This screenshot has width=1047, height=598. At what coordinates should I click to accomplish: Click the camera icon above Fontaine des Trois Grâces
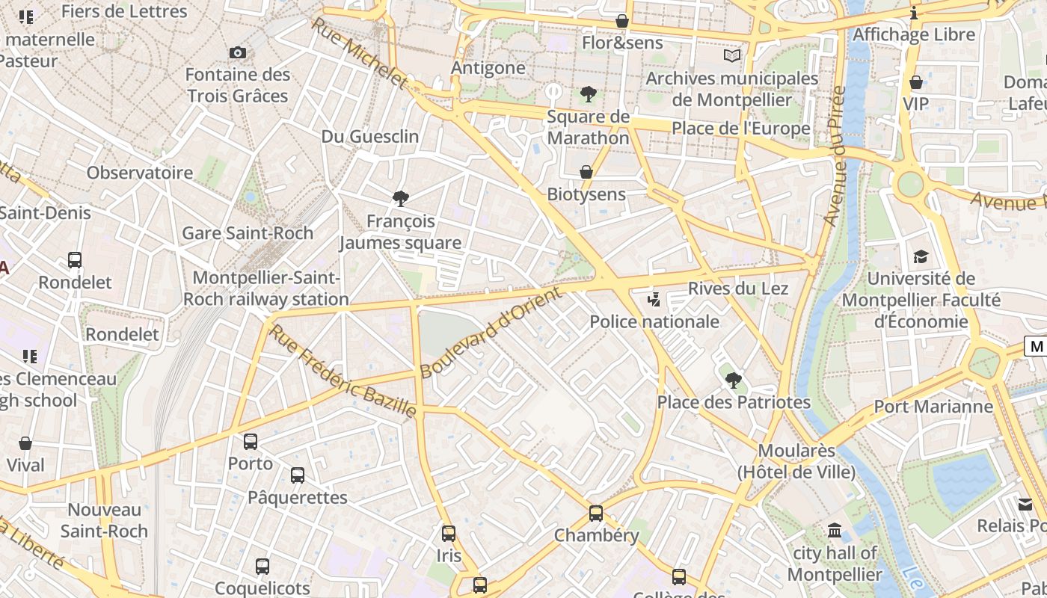238,52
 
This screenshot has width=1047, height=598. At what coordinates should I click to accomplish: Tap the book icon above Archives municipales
732,55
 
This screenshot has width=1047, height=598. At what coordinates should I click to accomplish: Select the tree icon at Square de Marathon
589,94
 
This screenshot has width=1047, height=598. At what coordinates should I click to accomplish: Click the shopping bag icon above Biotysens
586,172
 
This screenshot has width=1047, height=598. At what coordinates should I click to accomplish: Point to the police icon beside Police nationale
654,300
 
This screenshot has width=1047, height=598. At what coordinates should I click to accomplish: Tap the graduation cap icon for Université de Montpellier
921,256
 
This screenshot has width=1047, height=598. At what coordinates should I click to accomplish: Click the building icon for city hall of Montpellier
835,531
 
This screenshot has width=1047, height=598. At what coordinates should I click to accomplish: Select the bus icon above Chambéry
596,514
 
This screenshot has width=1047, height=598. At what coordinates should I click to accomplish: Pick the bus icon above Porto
251,442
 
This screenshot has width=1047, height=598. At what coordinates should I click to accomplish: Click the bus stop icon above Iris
449,534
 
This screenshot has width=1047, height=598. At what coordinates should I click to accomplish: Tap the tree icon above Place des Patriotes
734,380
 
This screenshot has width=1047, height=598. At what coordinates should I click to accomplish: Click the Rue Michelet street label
360,53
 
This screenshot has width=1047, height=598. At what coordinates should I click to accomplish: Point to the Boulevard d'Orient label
491,333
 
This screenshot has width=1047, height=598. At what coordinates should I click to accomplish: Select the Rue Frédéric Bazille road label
343,371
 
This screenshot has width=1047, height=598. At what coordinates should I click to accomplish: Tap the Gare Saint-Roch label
248,233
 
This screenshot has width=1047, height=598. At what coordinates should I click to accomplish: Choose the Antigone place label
488,68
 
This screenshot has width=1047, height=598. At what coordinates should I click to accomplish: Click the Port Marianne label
933,407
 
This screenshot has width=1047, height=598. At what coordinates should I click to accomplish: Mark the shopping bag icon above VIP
916,82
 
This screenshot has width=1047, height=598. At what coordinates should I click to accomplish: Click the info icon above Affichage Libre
914,13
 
